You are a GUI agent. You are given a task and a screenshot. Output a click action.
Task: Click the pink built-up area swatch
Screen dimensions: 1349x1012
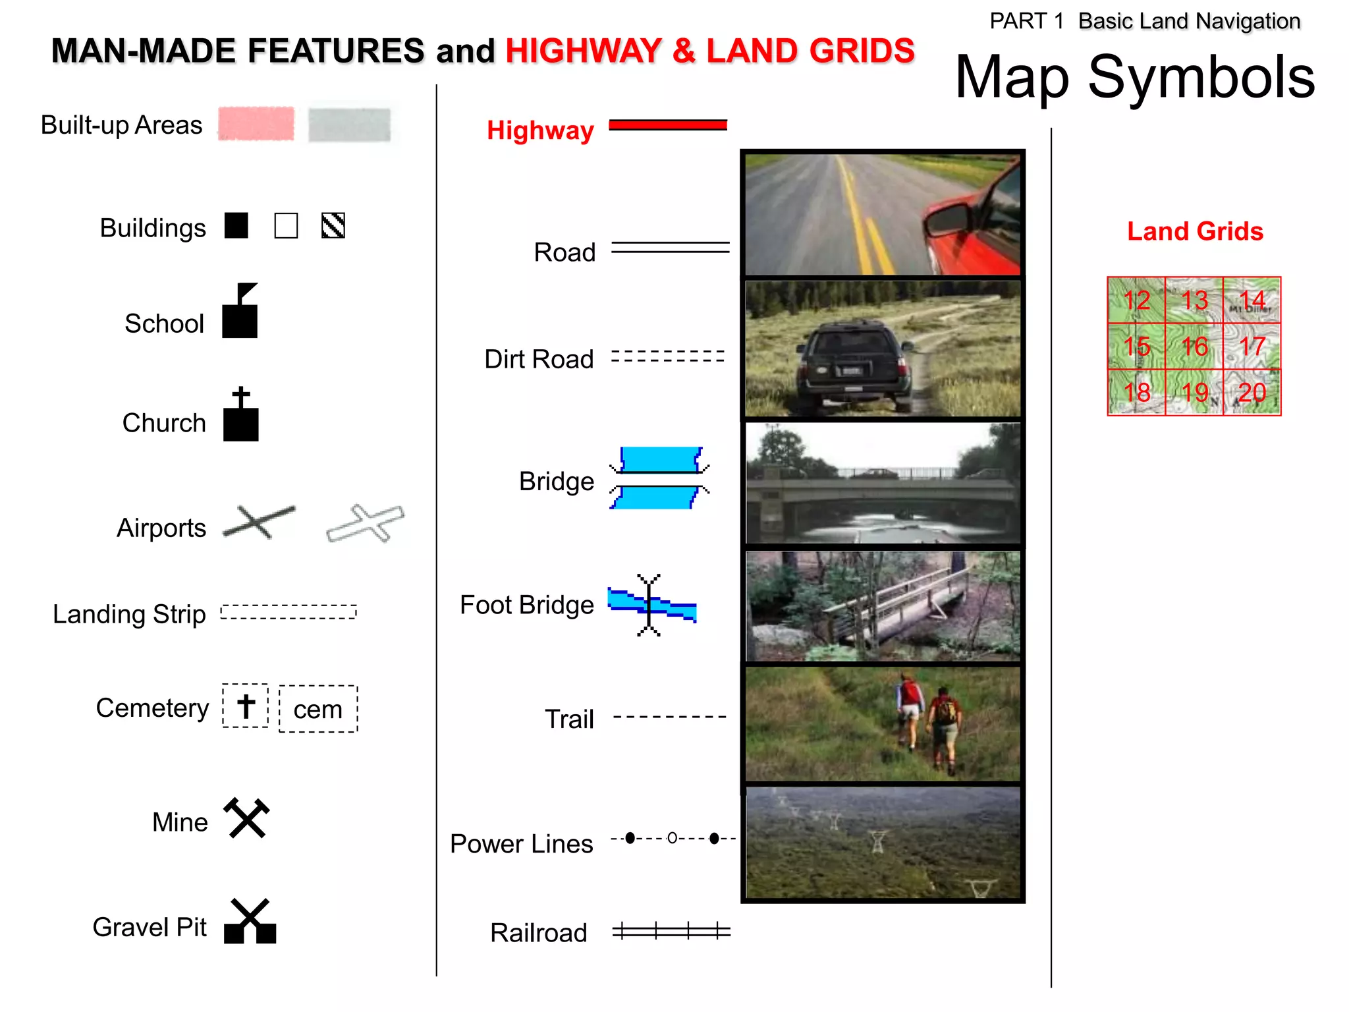coord(256,124)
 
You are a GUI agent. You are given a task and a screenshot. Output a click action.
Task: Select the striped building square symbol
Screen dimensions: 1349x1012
coord(333,226)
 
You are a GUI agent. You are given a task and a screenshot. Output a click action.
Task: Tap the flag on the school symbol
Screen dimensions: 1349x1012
coord(246,291)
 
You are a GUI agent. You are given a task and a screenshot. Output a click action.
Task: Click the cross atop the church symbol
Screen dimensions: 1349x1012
coord(241,397)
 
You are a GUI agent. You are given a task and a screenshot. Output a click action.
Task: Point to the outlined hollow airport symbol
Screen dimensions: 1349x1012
coord(366,524)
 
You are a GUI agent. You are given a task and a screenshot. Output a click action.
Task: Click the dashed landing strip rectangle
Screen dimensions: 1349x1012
coord(289,612)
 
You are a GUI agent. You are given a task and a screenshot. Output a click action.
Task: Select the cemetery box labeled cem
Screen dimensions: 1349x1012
coord(318,709)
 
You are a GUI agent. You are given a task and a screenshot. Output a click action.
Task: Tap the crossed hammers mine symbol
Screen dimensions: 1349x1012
coord(247,818)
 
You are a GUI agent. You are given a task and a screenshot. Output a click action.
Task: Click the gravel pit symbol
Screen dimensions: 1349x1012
coord(250,922)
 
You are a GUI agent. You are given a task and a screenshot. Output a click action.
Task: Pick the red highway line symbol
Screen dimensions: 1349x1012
coord(668,125)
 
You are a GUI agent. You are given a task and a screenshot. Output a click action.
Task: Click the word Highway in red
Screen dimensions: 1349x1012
coord(540,130)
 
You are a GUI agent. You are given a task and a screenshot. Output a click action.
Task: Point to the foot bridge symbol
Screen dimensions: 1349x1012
coord(651,605)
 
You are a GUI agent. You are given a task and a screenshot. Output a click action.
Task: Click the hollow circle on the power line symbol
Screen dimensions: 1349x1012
coord(672,838)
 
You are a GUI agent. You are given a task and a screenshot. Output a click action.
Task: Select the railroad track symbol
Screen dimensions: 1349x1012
coord(671,931)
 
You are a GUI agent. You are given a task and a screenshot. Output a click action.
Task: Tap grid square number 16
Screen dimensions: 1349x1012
coord(1194,347)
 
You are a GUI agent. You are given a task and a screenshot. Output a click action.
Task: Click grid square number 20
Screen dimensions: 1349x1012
coord(1252,393)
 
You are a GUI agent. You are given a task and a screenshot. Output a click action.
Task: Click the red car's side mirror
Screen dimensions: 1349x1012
coord(947,219)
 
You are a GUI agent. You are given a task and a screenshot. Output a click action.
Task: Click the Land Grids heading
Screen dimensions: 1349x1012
coord(1195,231)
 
